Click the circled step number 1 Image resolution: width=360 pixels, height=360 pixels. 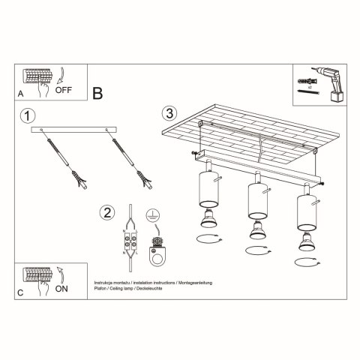(27, 116)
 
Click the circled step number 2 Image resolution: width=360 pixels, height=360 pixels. (108, 212)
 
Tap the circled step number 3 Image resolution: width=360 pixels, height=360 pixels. (169, 113)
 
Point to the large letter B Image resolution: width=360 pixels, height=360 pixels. (97, 93)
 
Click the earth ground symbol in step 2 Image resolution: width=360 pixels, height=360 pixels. (153, 214)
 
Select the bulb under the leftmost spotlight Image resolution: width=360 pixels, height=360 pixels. (205, 218)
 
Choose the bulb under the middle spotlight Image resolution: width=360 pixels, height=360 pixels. (257, 228)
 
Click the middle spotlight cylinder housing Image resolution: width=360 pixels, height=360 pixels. (257, 199)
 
